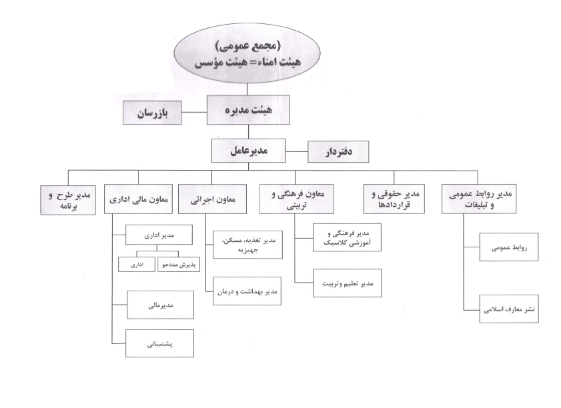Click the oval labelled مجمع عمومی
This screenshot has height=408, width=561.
tap(247, 53)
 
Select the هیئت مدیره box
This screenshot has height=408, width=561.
tap(248, 110)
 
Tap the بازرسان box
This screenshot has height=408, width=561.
tap(152, 113)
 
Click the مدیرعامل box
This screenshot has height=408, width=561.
tap(249, 151)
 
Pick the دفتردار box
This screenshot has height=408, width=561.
tap(338, 151)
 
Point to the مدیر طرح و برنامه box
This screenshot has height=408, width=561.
tap(68, 200)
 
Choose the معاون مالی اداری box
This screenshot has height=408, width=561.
tap(139, 199)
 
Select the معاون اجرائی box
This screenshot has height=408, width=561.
tap(213, 199)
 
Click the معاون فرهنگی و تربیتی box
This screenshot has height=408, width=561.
tap(297, 199)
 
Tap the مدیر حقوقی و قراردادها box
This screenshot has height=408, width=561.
tap(394, 199)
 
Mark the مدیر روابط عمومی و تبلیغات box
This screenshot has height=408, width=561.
tap(479, 199)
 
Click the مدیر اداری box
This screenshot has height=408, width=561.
tap(159, 235)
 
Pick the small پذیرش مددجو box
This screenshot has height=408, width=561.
tap(179, 265)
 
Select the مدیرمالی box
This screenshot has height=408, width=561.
tap(160, 305)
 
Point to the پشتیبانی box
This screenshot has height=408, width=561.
tap(159, 343)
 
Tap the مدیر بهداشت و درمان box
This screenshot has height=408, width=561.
tap(247, 291)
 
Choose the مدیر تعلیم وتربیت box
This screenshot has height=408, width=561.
tap(348, 283)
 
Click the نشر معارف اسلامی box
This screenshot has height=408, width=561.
tap(509, 309)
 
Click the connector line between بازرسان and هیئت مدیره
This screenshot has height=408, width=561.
tap(194, 112)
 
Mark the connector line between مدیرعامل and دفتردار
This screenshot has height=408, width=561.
tap(297, 151)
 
